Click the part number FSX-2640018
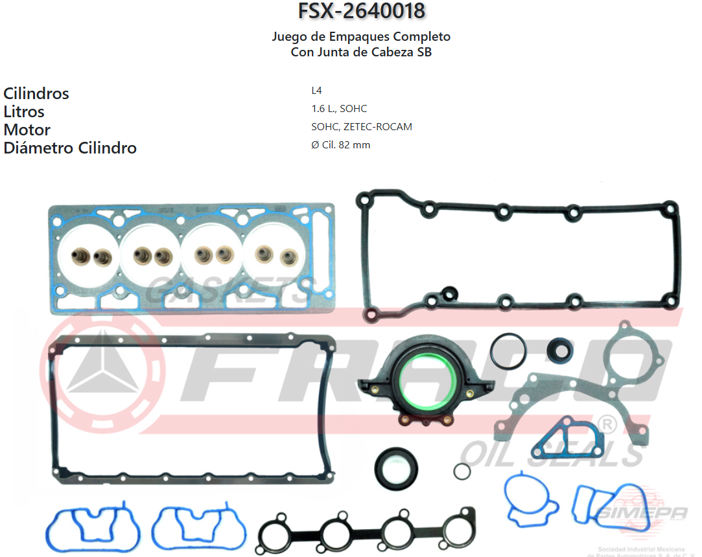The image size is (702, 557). [x=361, y=11]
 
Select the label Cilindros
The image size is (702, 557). [x=36, y=93]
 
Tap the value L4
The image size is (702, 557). [x=316, y=91]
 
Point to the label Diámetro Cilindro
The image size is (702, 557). [x=70, y=148]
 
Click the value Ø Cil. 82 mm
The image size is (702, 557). [x=340, y=145]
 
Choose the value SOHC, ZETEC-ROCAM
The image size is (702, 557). [x=361, y=127]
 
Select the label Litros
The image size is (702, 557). [x=24, y=111]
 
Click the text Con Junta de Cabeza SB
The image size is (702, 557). [x=361, y=52]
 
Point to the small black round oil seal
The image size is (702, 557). [x=559, y=350]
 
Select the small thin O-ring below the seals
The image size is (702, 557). [x=462, y=472]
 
